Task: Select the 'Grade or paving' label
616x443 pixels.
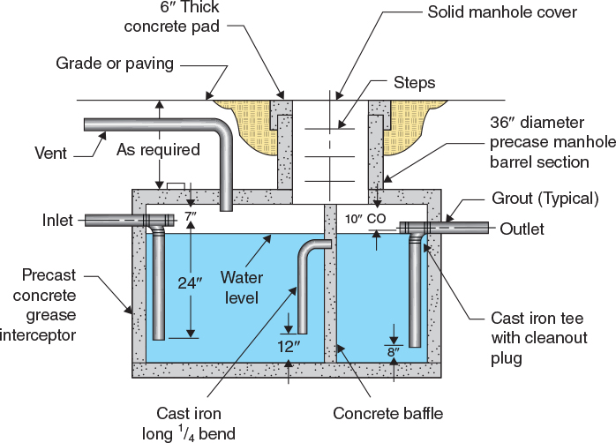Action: (116, 64)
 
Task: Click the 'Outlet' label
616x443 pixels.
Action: (522, 229)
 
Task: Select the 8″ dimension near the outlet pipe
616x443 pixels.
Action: (394, 351)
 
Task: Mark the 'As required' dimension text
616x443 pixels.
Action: (158, 149)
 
